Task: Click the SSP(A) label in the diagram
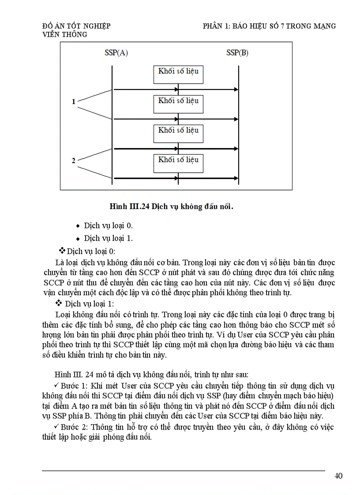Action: coord(116,53)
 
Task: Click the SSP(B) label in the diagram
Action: coord(237,53)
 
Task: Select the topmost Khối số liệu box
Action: coord(178,74)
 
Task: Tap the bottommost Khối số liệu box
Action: coord(178,163)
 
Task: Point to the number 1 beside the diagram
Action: coord(74,102)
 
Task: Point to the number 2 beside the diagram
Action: coord(74,161)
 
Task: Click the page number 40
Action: coord(338,476)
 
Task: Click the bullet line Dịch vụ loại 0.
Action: coord(108,226)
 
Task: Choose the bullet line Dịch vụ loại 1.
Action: coord(108,238)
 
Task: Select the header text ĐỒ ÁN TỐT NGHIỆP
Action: coord(76,26)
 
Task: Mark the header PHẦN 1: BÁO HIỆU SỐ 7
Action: coord(269,26)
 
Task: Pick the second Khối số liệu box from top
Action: coord(178,104)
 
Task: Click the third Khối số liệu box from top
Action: coord(178,133)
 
